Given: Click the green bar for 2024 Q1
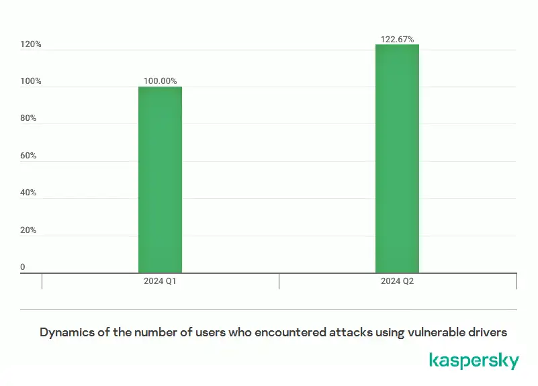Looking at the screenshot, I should (160, 179).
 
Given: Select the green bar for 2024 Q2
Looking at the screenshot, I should (397, 158).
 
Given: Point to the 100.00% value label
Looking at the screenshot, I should (160, 81).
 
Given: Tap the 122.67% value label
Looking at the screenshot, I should (397, 39).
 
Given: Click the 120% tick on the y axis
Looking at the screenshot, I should (31, 44).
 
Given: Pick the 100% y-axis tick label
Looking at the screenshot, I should (31, 81).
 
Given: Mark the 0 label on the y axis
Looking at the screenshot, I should (23, 267).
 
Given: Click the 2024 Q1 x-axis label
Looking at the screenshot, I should (160, 281).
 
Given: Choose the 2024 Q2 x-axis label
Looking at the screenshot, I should (397, 281).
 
